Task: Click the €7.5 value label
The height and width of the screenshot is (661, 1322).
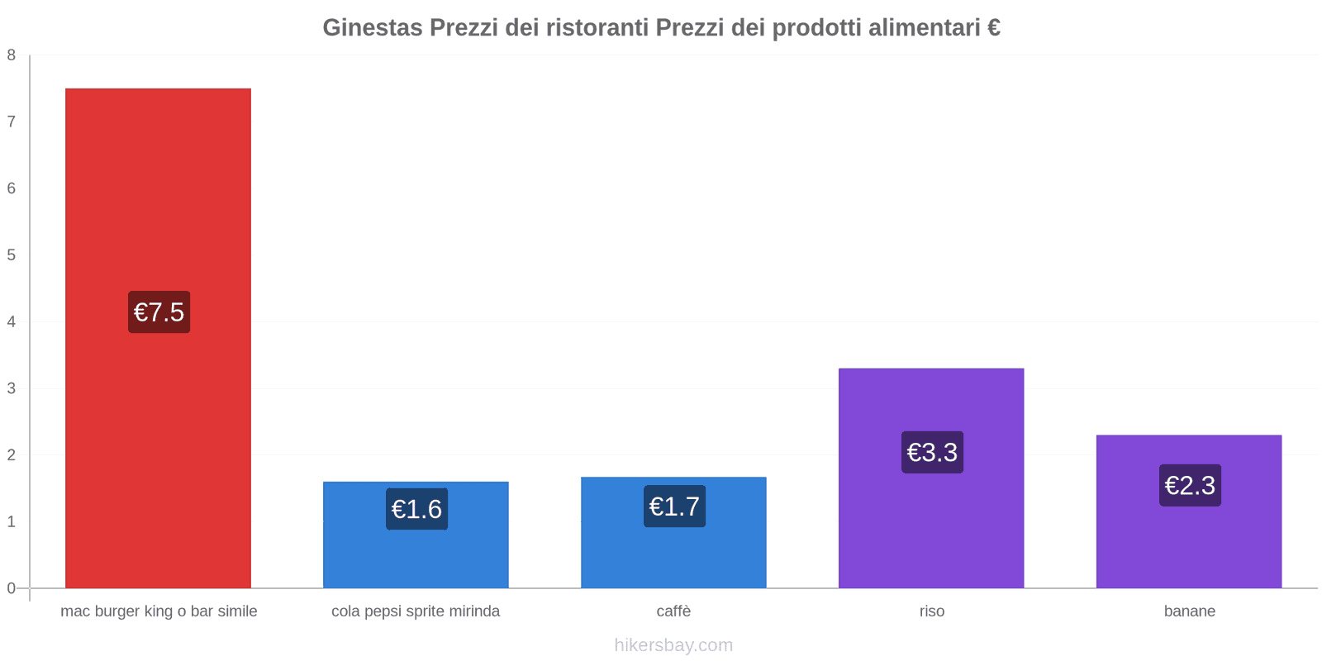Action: tap(159, 312)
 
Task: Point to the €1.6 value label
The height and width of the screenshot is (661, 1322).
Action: tap(416, 509)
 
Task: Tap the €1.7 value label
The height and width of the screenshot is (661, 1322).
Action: tap(674, 506)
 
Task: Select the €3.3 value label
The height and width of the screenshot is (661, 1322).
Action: tap(932, 452)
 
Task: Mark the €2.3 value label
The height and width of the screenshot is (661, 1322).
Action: tap(1190, 485)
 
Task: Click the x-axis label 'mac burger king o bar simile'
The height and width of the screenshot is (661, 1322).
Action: tap(159, 611)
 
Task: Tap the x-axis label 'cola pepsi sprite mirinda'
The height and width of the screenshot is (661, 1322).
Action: tap(416, 611)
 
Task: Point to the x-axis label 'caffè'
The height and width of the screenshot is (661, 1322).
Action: tap(673, 611)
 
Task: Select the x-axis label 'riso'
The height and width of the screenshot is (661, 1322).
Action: tap(931, 611)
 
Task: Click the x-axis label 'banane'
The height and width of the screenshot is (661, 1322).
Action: tap(1189, 611)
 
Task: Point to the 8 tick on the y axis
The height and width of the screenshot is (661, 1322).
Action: tap(12, 55)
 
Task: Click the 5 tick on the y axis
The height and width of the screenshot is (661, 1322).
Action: tap(12, 255)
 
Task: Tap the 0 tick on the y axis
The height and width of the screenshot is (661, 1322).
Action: tap(12, 588)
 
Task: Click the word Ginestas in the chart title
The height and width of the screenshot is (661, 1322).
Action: tap(373, 28)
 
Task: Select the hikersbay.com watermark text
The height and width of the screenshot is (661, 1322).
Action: tap(673, 645)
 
